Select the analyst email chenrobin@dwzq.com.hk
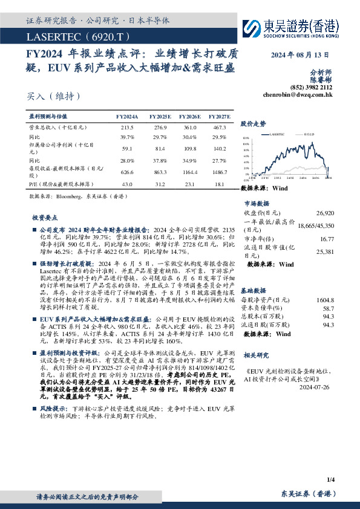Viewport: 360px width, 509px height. click(298, 94)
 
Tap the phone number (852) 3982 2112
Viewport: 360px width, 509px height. click(312, 87)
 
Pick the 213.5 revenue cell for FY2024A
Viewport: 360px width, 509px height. click(127, 128)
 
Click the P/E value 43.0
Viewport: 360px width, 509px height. click(127, 184)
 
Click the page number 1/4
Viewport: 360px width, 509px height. click(330, 479)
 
